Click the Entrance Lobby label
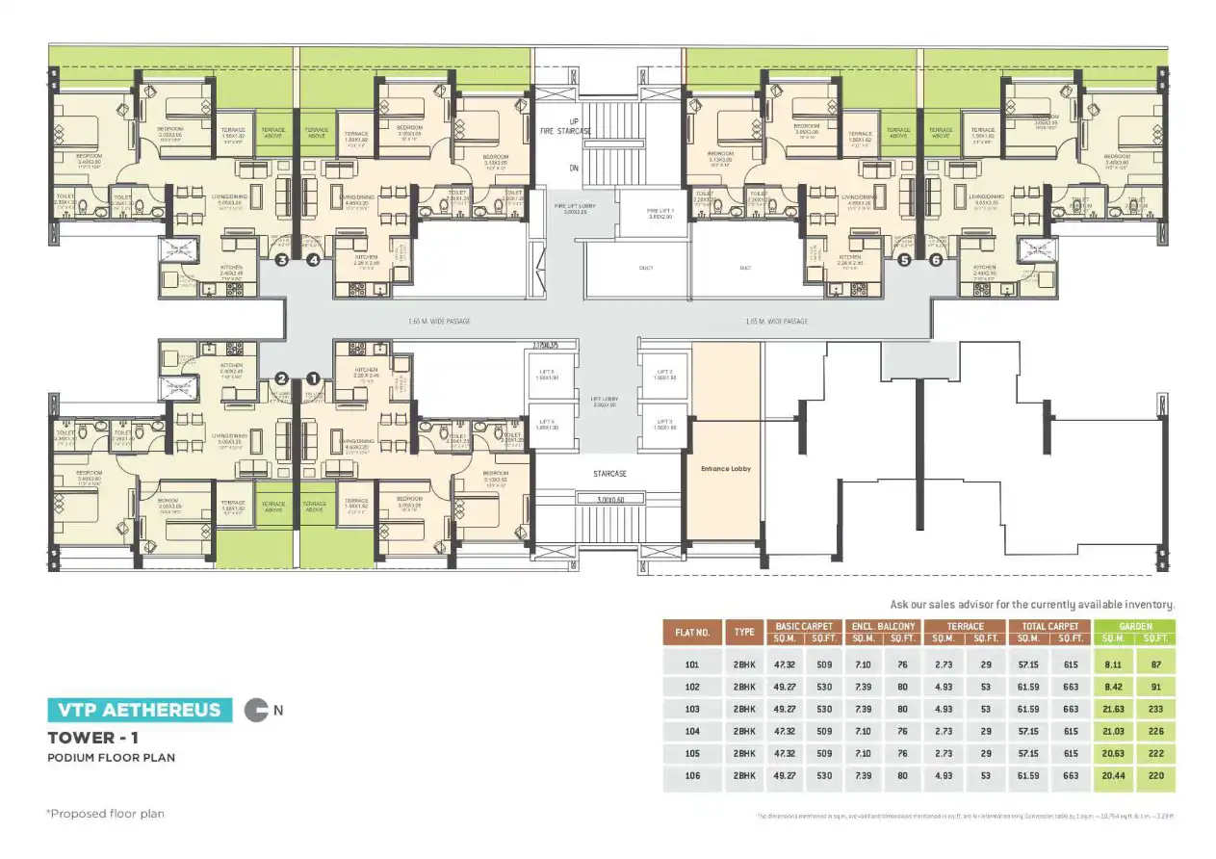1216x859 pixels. pos(727,469)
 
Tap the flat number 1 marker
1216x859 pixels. pos(312,378)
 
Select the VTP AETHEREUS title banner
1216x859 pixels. pos(140,711)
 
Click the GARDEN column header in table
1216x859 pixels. pos(1135,626)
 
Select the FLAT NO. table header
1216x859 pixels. pos(691,633)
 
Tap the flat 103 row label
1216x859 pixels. pos(691,709)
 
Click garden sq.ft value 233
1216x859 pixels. pos(1155,709)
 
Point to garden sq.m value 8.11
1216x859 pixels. pos(1114,664)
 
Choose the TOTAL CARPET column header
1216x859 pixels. pos(1049,626)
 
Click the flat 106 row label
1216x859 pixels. pos(691,775)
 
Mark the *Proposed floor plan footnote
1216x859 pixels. pos(105,814)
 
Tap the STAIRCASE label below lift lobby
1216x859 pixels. pos(609,474)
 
